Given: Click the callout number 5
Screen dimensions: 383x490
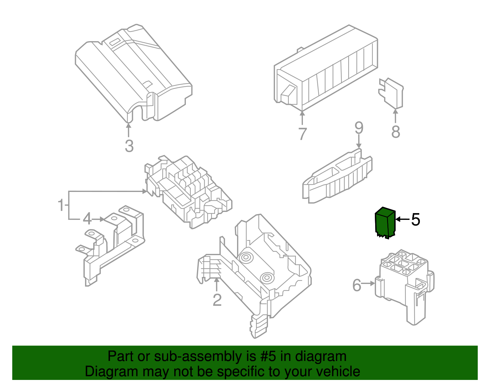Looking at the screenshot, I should (x=416, y=220).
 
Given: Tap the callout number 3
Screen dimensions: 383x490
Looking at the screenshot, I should (x=129, y=146).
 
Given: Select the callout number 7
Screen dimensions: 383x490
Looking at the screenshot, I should (x=302, y=134).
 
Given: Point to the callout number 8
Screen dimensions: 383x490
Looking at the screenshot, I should (x=396, y=132).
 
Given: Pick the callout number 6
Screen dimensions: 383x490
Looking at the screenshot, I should (x=357, y=285).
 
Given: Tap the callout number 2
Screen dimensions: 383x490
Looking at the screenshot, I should (x=217, y=300).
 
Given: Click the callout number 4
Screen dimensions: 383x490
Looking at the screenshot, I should (x=87, y=219).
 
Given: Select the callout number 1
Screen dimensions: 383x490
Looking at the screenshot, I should (x=61, y=205).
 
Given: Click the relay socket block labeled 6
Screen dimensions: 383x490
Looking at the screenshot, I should (x=404, y=282).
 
